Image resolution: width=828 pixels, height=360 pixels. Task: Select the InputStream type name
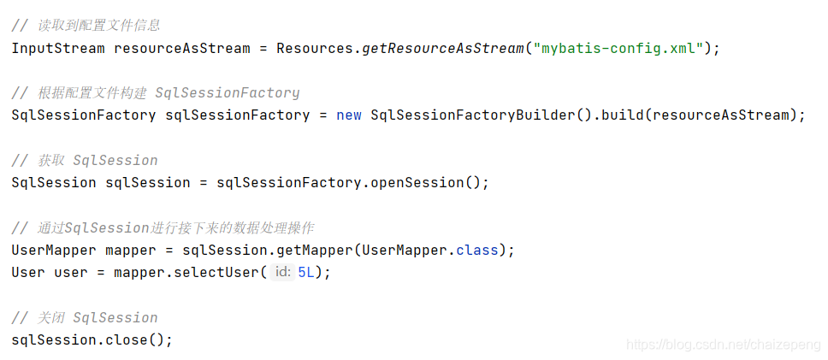click(58, 48)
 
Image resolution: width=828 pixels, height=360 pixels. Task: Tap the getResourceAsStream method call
click(443, 48)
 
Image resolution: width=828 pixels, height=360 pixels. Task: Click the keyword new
click(349, 115)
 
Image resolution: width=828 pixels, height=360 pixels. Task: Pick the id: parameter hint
click(282, 272)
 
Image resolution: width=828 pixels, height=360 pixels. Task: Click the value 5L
click(306, 272)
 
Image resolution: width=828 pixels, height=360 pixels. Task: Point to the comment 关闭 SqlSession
click(85, 317)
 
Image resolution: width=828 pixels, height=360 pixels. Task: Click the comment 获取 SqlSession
click(85, 160)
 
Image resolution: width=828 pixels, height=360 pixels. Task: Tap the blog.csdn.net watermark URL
click(723, 344)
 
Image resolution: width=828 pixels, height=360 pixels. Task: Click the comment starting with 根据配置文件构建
click(156, 92)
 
